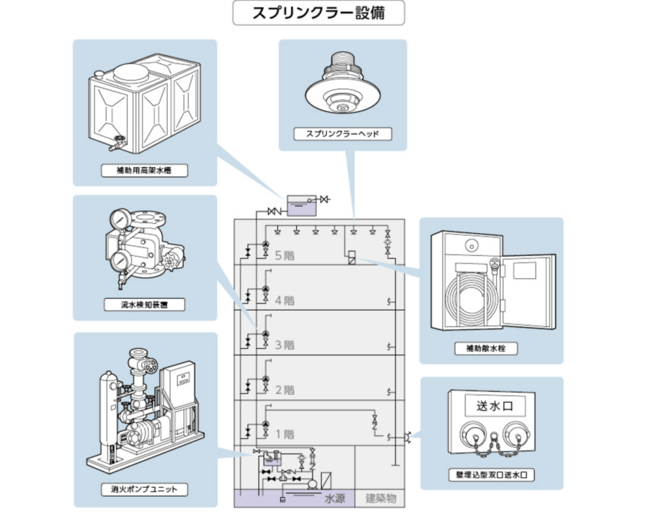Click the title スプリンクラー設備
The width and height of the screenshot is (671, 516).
318,13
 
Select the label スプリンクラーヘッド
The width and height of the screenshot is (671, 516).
343,134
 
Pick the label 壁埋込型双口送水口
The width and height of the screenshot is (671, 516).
491,475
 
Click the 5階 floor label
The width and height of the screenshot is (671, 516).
284,255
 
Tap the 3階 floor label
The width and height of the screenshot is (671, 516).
284,345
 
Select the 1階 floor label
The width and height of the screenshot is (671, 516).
284,434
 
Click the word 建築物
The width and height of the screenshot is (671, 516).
381,498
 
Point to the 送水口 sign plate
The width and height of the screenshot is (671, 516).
491,405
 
